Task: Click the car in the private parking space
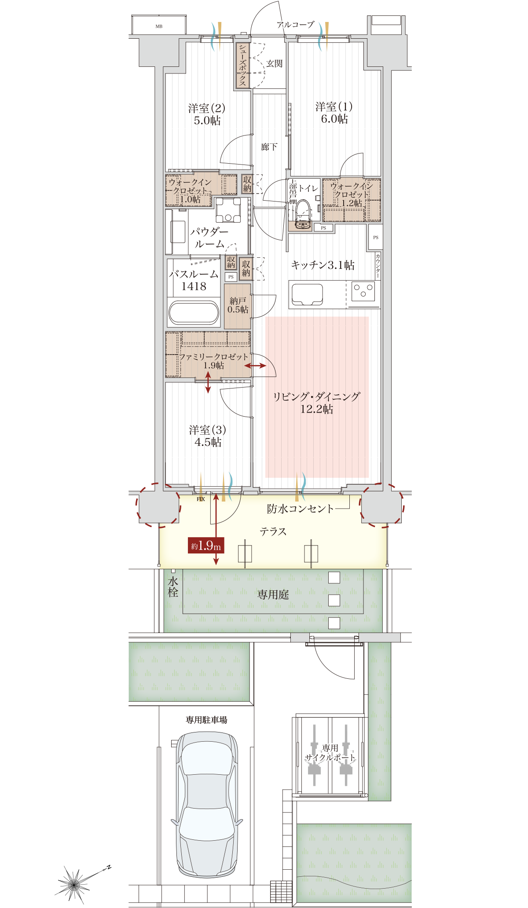[x=207, y=805]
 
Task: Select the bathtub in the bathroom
[x=194, y=313]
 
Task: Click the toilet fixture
[x=303, y=214]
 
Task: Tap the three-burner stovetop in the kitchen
[x=363, y=291]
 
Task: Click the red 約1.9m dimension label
[x=206, y=546]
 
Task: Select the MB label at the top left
[x=159, y=26]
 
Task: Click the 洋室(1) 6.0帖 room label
[x=334, y=113]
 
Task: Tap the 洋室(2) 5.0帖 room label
[x=207, y=114]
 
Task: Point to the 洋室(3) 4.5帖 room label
[x=208, y=436]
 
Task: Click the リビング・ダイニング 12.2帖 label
[x=316, y=403]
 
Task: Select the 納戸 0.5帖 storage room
[x=238, y=306]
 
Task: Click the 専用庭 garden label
[x=273, y=595]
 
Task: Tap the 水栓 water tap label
[x=173, y=587]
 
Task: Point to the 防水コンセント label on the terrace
[x=301, y=509]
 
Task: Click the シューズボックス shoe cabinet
[x=242, y=65]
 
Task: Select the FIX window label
[x=201, y=499]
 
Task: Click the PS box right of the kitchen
[x=375, y=237]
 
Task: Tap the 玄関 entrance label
[x=274, y=64]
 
